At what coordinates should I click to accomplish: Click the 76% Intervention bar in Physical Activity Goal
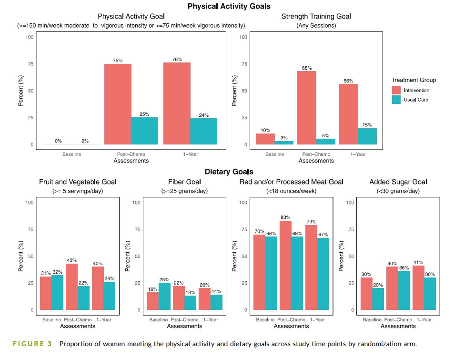[x=177, y=103]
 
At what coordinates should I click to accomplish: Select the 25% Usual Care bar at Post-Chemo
[x=144, y=131]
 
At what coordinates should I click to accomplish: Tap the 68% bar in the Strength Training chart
[x=307, y=108]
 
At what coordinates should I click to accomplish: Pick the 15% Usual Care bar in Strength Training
[x=367, y=136]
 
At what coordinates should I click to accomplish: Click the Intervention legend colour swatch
[x=397, y=90]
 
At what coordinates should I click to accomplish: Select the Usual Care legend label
[x=416, y=100]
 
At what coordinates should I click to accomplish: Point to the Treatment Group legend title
[x=414, y=80]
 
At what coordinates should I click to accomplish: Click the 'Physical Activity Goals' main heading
[x=229, y=6]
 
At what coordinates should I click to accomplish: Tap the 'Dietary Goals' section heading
[x=229, y=172]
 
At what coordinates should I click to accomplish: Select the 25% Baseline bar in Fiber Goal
[x=165, y=297]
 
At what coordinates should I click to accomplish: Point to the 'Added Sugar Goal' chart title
[x=398, y=182]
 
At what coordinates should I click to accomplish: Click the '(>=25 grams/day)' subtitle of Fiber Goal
[x=184, y=191]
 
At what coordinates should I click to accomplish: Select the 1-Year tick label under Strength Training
[x=358, y=154]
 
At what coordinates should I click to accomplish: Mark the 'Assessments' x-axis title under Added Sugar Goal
[x=398, y=326]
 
